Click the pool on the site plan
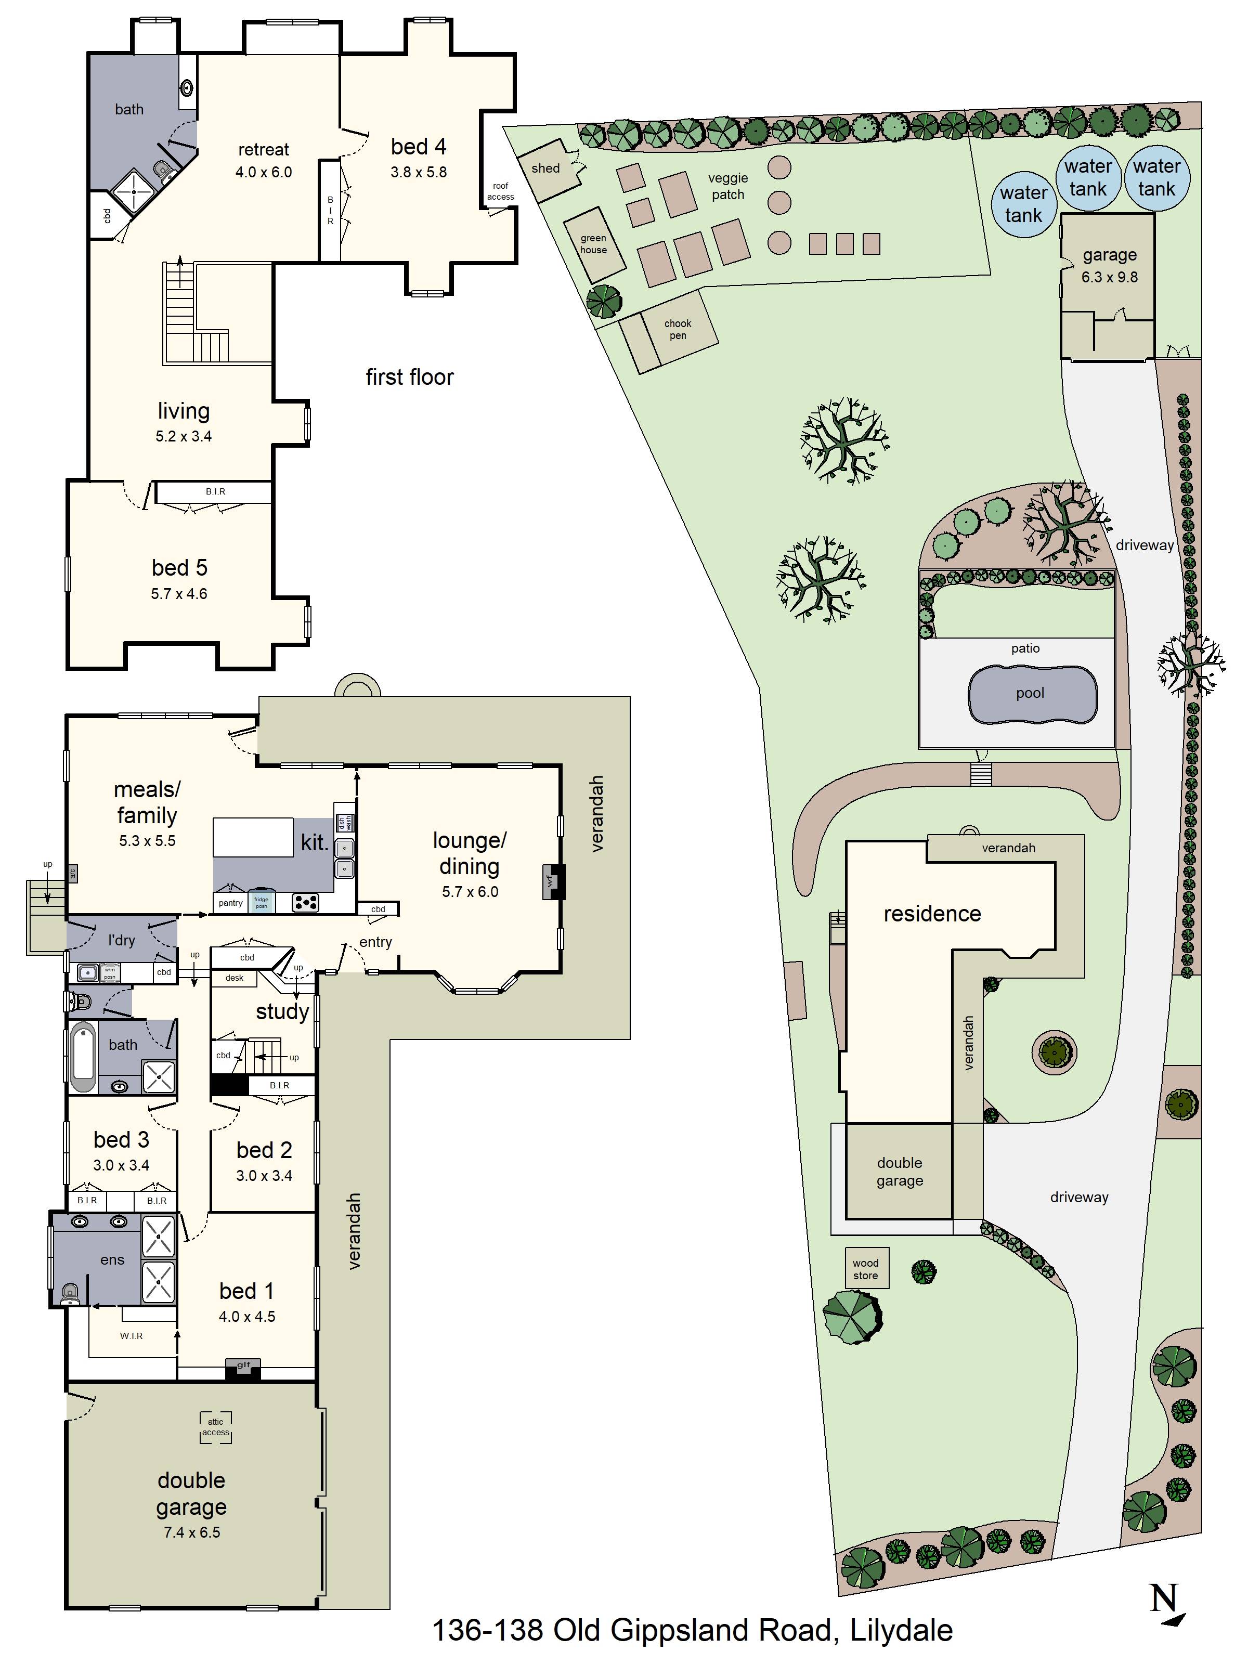1031,694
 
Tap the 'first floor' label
409,377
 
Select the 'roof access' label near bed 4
500,191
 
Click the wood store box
865,1269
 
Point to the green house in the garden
594,244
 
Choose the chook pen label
678,330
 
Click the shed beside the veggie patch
549,169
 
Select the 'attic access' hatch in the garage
216,1427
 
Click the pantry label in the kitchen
230,903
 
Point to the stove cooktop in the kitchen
305,902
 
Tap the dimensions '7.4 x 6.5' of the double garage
192,1532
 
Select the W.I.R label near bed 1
131,1335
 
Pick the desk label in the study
234,978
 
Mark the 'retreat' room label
263,150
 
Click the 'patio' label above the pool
1025,648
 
